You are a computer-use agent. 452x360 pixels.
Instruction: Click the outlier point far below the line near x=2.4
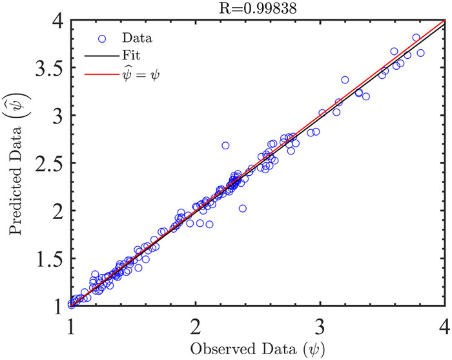pyautogui.click(x=243, y=208)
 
